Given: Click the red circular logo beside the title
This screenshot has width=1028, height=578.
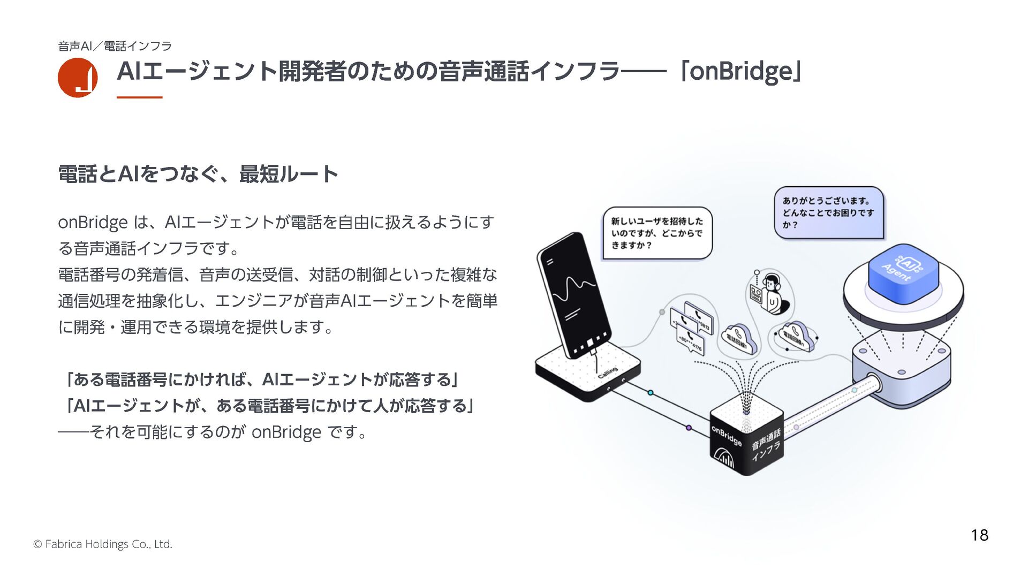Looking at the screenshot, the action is pyautogui.click(x=78, y=78).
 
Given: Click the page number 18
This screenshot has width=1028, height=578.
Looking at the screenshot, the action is pyautogui.click(x=979, y=535).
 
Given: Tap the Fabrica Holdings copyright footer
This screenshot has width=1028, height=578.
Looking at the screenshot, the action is pyautogui.click(x=103, y=544).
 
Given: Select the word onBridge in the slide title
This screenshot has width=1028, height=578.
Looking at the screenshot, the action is pyautogui.click(x=740, y=72).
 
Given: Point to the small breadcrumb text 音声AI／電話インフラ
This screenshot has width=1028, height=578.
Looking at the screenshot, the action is pyautogui.click(x=115, y=46).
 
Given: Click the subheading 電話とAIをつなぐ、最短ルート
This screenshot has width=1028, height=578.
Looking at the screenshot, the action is pyautogui.click(x=198, y=174).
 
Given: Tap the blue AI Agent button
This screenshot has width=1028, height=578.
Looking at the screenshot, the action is pyautogui.click(x=903, y=270).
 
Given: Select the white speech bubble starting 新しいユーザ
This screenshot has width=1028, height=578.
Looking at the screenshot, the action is pyautogui.click(x=657, y=233).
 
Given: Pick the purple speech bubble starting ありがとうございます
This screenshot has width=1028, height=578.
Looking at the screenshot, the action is pyautogui.click(x=828, y=212).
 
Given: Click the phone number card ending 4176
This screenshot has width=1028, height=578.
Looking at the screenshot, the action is pyautogui.click(x=690, y=343).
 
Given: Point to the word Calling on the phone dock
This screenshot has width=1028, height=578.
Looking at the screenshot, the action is pyautogui.click(x=608, y=373).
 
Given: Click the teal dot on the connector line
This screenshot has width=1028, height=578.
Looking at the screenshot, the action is pyautogui.click(x=651, y=393).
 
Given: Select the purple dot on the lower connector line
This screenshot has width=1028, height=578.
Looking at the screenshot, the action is pyautogui.click(x=689, y=428).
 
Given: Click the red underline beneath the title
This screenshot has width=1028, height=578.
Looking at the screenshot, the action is pyautogui.click(x=139, y=97).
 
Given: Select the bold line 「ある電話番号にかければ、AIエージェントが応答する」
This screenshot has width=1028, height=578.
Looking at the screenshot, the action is pyautogui.click(x=260, y=380).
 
